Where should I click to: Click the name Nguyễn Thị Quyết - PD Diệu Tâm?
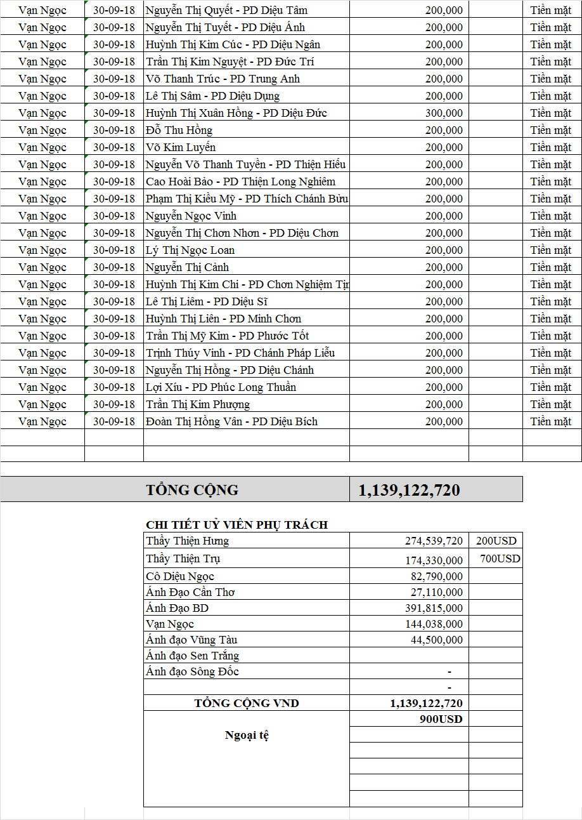[x=226, y=11]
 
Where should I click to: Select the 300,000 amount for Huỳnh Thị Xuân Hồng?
[x=444, y=113]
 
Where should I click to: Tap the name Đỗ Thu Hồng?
[x=179, y=130]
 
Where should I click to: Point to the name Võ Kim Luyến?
[x=180, y=147]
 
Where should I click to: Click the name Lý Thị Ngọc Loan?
[x=190, y=250]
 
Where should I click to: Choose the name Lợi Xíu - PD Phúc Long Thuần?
[x=221, y=387]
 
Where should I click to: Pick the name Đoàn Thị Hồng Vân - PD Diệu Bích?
[x=231, y=421]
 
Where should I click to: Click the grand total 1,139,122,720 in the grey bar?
[x=409, y=490]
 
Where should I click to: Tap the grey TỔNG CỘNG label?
[x=192, y=490]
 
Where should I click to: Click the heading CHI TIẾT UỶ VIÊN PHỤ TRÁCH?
[x=236, y=525]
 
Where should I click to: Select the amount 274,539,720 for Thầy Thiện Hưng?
[x=434, y=541]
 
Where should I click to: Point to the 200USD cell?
[x=496, y=541]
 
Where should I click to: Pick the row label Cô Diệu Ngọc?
[x=180, y=576]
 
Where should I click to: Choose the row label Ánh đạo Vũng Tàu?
[x=191, y=640]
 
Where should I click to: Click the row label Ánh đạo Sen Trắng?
[x=192, y=656]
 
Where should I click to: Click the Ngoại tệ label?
[x=247, y=735]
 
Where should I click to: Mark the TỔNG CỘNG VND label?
[x=247, y=703]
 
